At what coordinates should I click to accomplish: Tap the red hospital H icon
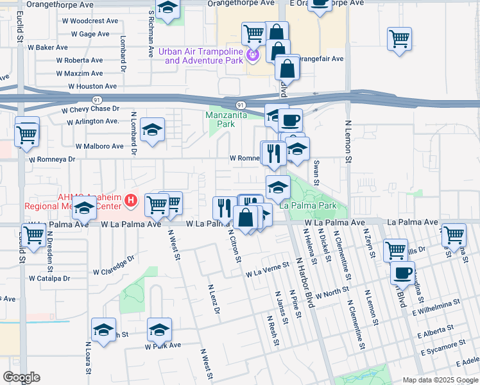click(x=131, y=201)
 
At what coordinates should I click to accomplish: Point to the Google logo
click(x=21, y=377)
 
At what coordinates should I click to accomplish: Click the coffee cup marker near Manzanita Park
click(x=290, y=119)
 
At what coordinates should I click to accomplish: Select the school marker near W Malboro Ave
click(x=153, y=130)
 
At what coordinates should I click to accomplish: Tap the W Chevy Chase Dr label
click(x=91, y=109)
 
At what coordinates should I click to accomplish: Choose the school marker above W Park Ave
click(x=159, y=330)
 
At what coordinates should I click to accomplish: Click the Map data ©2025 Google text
click(x=440, y=379)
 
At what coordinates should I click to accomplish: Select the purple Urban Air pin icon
click(x=253, y=56)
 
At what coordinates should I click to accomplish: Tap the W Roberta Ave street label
click(x=79, y=60)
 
